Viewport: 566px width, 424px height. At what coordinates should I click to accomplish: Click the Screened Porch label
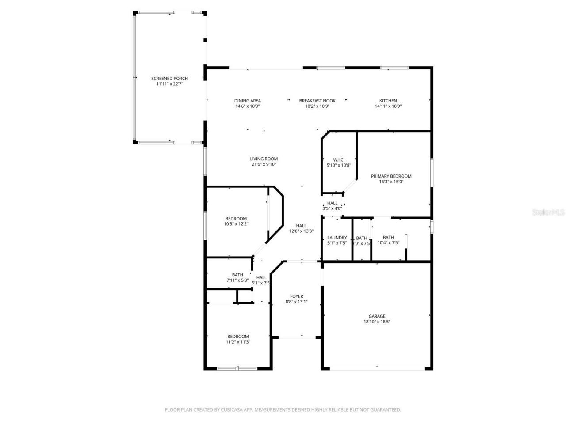click(x=169, y=79)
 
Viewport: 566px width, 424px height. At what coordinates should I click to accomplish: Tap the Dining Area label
click(x=247, y=101)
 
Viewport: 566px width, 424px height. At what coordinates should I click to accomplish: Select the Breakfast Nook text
click(x=317, y=101)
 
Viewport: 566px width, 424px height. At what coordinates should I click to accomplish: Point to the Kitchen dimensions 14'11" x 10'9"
click(x=388, y=106)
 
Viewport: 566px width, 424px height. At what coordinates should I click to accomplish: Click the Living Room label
click(x=264, y=159)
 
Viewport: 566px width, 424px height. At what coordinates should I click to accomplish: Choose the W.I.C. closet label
click(x=339, y=160)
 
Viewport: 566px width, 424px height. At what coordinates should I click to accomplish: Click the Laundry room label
click(x=337, y=238)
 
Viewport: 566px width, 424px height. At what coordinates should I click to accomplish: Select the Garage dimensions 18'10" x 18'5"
click(x=377, y=322)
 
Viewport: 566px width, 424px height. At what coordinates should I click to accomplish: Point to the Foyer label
click(x=296, y=296)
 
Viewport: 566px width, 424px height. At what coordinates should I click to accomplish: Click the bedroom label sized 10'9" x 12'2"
click(x=236, y=219)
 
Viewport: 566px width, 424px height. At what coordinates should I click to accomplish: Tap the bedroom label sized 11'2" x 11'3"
click(x=238, y=336)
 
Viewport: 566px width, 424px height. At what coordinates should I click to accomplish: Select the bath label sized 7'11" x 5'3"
click(x=237, y=275)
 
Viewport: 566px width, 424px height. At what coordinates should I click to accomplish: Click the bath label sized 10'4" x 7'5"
click(x=388, y=238)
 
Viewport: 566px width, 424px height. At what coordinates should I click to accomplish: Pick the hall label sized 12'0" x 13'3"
click(x=301, y=226)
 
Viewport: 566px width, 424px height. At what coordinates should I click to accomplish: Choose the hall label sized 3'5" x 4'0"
click(x=332, y=203)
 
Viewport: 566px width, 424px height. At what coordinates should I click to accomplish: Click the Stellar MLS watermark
click(x=548, y=212)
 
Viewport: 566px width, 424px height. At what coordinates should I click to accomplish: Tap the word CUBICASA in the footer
click(x=229, y=410)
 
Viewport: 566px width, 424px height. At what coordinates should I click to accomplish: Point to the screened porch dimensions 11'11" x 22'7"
click(x=169, y=84)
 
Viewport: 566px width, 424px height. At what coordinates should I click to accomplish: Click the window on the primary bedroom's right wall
click(x=432, y=170)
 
